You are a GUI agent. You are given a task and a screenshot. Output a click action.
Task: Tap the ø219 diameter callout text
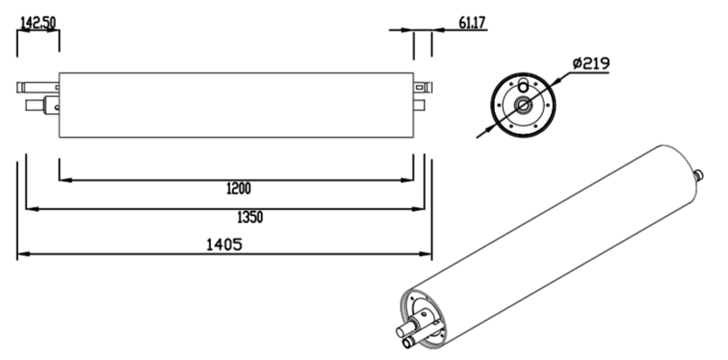click(590, 63)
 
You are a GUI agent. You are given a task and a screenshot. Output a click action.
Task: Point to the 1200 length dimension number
click(238, 188)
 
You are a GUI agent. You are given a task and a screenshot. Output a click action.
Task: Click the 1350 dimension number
click(250, 216)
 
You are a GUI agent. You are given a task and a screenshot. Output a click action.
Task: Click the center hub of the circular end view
click(524, 106)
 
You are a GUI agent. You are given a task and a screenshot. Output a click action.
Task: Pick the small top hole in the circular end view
click(524, 86)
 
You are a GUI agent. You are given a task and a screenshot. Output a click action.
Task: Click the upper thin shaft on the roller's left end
click(37, 88)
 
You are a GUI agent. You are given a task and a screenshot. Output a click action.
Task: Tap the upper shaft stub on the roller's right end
click(422, 87)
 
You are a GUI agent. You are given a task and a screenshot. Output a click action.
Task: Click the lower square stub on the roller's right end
click(420, 106)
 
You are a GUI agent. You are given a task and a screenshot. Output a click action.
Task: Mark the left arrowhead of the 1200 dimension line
click(64, 180)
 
